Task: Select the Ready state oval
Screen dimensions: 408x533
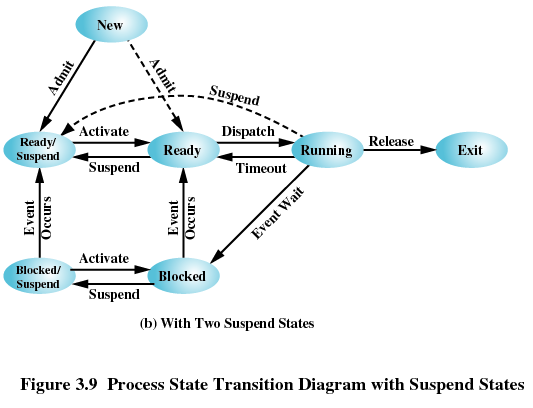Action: pos(183,150)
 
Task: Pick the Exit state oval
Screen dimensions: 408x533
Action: pos(470,150)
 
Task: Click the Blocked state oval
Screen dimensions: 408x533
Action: pos(183,275)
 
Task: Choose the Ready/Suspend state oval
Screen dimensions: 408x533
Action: pos(39,150)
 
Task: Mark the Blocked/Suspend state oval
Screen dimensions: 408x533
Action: pos(39,275)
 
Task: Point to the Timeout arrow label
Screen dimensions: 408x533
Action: pos(261,168)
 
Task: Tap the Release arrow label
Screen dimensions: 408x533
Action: pos(390,141)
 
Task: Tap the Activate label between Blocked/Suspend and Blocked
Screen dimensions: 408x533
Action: pos(104,258)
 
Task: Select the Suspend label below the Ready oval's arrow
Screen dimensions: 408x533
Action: pos(114,168)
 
